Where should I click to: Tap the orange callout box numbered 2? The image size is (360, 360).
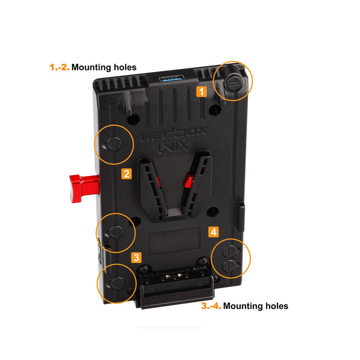pyautogui.click(x=126, y=173)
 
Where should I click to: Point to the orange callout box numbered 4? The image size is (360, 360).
pyautogui.click(x=213, y=232)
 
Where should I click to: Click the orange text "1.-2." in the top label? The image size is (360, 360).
pyautogui.click(x=59, y=66)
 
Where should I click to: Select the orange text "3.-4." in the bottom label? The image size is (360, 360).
pyautogui.click(x=211, y=305)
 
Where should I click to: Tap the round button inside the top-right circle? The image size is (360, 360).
pyautogui.click(x=233, y=83)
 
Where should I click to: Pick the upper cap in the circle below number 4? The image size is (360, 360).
pyautogui.click(x=231, y=250)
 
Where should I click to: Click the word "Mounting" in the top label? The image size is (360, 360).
pyautogui.click(x=93, y=66)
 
